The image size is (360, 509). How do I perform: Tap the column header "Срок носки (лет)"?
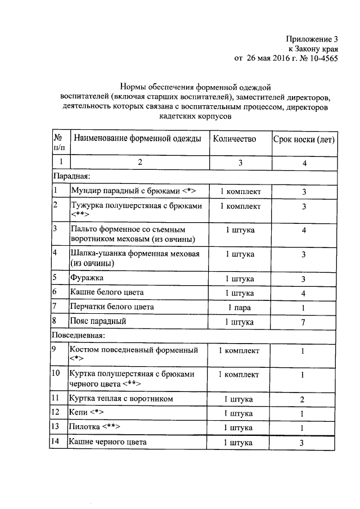(304, 139)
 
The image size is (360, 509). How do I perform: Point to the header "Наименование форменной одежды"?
(137, 139)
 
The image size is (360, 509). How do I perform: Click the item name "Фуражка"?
(87, 278)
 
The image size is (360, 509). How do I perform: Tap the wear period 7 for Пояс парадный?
(303, 322)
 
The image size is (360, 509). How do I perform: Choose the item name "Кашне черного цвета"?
(107, 443)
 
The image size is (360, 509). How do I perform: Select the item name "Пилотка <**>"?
(94, 427)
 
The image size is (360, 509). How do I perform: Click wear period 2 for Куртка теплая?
(303, 400)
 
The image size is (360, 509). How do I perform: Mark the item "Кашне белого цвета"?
(106, 292)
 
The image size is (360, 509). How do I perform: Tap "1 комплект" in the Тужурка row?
(240, 206)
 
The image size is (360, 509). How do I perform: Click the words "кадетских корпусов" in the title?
(195, 116)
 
